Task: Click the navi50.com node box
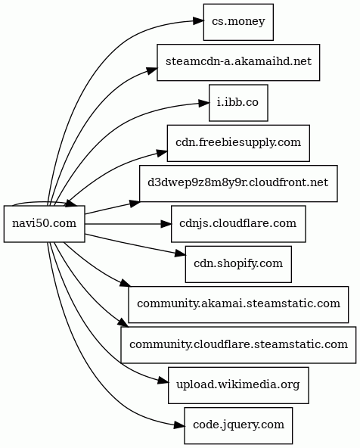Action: pos(45,224)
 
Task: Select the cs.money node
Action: pos(238,22)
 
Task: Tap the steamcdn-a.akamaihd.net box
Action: pos(238,62)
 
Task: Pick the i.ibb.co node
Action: pos(238,103)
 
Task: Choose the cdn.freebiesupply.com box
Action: pos(238,143)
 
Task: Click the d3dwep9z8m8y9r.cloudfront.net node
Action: pos(238,183)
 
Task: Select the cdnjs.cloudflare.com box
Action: pos(238,224)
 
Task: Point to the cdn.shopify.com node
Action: pos(238,264)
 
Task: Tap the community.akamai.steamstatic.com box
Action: pos(238,304)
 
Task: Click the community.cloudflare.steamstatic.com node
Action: pos(238,344)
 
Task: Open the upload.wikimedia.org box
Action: pos(238,385)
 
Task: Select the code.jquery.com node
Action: pos(238,425)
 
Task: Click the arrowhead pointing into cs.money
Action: pos(197,21)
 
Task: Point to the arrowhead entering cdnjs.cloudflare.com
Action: pos(166,224)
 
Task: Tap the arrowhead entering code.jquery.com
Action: pos(178,425)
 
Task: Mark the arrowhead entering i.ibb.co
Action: pos(203,103)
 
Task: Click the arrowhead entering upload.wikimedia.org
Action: pos(163,381)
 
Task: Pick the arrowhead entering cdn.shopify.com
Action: pos(180,253)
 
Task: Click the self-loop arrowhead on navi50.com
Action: pos(71,204)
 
